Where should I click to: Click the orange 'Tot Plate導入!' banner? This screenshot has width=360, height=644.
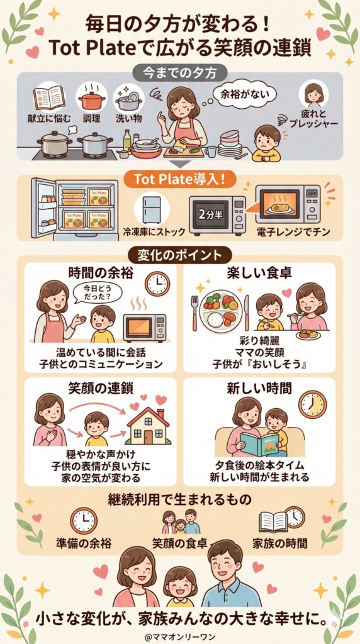(181, 178)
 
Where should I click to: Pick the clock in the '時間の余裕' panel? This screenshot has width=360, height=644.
(157, 284)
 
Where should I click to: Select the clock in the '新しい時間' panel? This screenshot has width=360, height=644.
(312, 404)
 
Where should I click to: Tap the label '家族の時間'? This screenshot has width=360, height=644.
(281, 542)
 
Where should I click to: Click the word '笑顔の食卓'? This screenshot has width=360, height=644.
(181, 542)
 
